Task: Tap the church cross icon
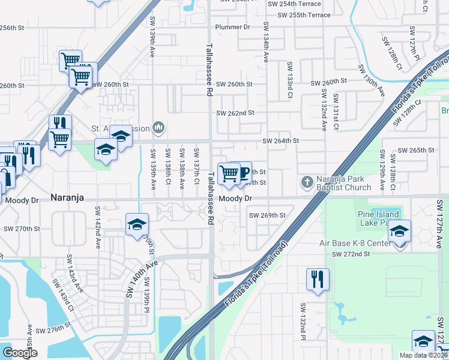coord(307,182)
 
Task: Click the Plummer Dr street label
coord(233,27)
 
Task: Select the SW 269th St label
coord(267,215)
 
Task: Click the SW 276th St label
coord(53,331)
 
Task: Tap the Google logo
coord(20,353)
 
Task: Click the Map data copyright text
coord(424,355)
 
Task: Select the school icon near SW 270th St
coord(137,224)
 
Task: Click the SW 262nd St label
coord(235,112)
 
